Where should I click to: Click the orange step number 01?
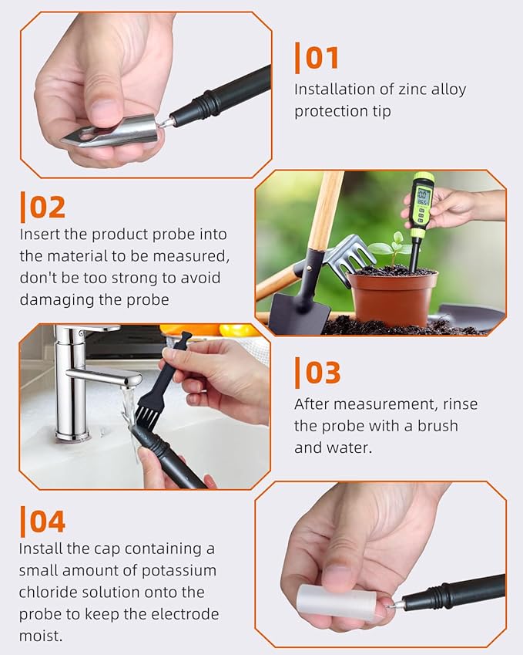tap(322, 58)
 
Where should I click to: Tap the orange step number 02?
tap(48, 208)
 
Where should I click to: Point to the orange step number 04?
tap(48, 522)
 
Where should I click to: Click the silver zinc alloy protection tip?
tap(112, 132)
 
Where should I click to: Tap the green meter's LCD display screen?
tap(424, 197)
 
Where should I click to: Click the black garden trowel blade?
tap(300, 311)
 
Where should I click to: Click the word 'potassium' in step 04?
tap(179, 572)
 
